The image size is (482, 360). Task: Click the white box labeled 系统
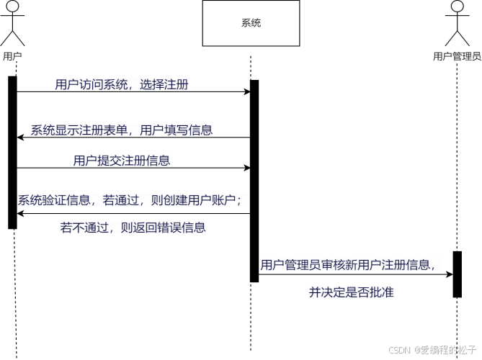pos(251,23)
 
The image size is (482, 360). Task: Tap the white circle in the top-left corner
pos(12,6)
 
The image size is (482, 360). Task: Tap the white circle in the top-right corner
pos(457,6)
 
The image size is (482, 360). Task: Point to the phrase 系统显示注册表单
pos(79,130)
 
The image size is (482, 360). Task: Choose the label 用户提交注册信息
pos(122,161)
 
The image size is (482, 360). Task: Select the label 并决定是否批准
pos(352,292)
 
